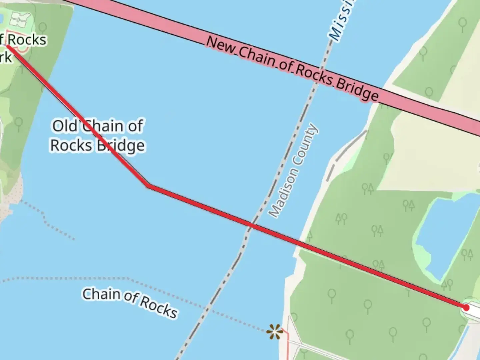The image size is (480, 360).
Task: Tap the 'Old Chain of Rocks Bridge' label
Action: click(x=98, y=136)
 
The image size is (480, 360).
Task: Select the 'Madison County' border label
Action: click(x=294, y=170)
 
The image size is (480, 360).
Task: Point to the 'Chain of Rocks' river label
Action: click(x=130, y=302)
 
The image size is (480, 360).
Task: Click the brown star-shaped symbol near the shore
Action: click(x=274, y=332)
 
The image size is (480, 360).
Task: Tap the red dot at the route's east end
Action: click(x=466, y=307)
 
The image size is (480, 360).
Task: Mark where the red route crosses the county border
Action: click(x=251, y=226)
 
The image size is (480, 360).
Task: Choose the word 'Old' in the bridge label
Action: click(x=65, y=126)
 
